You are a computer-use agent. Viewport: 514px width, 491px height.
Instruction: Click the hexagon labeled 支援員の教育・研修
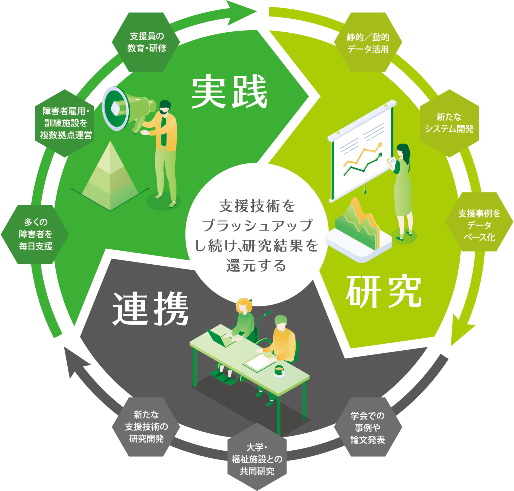tap(146, 42)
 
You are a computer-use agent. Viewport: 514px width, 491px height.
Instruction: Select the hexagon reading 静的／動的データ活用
tap(368, 42)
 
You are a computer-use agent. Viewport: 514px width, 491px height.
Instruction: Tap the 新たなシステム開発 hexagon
tap(449, 123)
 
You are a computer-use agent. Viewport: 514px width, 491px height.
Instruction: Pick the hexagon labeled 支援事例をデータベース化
tap(479, 222)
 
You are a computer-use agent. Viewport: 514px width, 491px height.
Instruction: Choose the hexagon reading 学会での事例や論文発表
tap(368, 427)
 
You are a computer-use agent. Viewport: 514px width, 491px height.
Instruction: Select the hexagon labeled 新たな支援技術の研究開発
tap(146, 427)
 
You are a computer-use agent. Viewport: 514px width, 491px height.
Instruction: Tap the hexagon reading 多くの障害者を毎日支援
tap(35, 234)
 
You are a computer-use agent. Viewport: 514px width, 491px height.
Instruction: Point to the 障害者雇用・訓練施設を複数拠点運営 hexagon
tap(65, 123)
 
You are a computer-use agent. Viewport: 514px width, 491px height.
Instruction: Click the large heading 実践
tap(229, 91)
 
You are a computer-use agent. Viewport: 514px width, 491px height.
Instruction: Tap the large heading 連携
tap(150, 309)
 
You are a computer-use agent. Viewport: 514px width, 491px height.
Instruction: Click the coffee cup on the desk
tap(279, 371)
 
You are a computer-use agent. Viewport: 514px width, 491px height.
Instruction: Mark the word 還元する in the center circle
tap(256, 266)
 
